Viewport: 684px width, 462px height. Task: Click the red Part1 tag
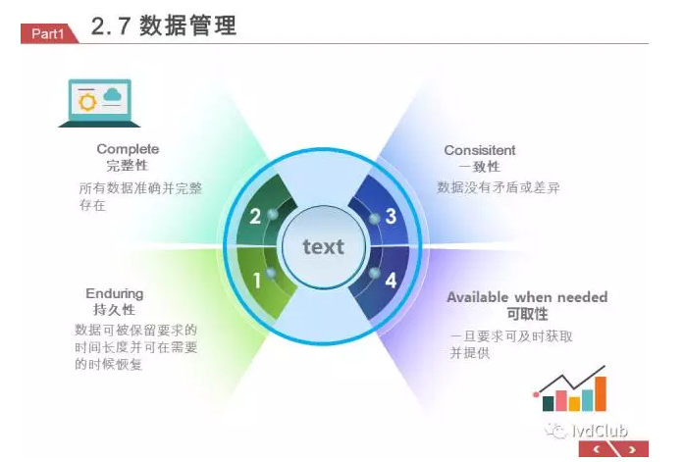(x=48, y=33)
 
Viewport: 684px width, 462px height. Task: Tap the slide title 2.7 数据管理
(x=164, y=26)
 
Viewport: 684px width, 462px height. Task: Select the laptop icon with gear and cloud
(x=99, y=103)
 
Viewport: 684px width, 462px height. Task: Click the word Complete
(x=128, y=149)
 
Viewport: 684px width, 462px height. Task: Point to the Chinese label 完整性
(x=128, y=165)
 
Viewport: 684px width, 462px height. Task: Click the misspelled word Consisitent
(x=480, y=150)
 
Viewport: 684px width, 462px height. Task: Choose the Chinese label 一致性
(x=479, y=167)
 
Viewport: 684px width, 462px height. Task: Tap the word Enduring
(x=114, y=293)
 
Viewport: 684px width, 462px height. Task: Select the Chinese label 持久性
(x=114, y=309)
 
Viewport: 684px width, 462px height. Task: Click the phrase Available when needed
(x=527, y=297)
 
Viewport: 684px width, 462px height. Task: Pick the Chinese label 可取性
(x=527, y=314)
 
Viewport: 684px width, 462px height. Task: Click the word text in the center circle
(x=323, y=246)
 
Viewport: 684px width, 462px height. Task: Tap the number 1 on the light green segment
(x=257, y=281)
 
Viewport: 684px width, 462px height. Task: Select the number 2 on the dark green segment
(x=255, y=216)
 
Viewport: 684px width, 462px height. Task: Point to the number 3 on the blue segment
(x=391, y=216)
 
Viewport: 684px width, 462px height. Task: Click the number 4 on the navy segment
(x=391, y=281)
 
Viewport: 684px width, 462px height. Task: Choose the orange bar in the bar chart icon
(x=601, y=394)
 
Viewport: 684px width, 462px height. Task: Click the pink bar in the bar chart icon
(x=561, y=400)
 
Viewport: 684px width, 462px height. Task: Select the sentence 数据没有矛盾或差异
(x=499, y=187)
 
